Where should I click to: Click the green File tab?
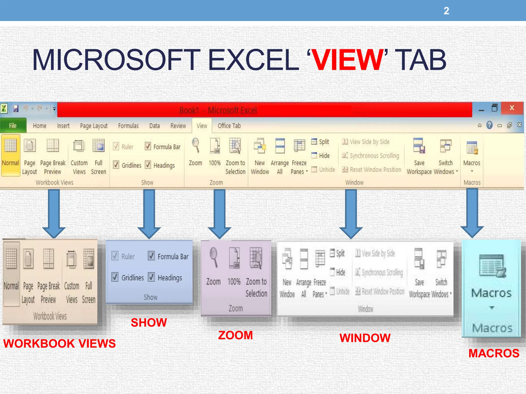tap(13, 126)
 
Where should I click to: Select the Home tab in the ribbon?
tap(40, 126)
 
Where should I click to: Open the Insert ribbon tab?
tap(63, 126)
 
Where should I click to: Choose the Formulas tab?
tap(128, 126)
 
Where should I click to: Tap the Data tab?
tap(154, 126)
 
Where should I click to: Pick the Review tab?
tap(178, 126)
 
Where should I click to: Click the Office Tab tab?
tap(229, 126)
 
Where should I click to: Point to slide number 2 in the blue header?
tap(446, 11)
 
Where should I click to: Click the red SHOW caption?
tap(149, 322)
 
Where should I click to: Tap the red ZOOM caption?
tap(236, 335)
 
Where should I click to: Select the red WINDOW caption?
tap(365, 338)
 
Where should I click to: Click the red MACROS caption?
tap(494, 353)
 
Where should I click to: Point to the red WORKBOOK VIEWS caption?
tap(60, 343)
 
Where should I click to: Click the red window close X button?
tap(512, 108)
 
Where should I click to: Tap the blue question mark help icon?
tap(490, 125)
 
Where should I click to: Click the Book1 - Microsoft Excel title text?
tap(218, 110)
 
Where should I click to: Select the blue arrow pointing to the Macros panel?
tap(472, 213)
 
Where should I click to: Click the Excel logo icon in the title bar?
tap(4, 109)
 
